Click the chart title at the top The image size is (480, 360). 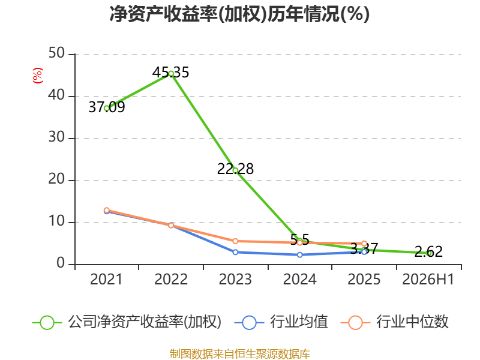click(x=239, y=14)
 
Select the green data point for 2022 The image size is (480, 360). click(x=171, y=73)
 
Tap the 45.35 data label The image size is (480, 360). click(x=171, y=73)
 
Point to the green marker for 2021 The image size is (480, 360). click(x=107, y=108)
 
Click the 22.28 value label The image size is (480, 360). click(x=235, y=169)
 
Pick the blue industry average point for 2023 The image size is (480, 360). click(x=235, y=252)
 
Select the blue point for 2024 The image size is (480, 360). click(x=299, y=254)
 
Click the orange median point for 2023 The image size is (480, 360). click(x=235, y=241)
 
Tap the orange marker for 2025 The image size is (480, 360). click(x=364, y=244)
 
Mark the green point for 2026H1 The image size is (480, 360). click(x=430, y=253)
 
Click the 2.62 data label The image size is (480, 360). click(x=428, y=252)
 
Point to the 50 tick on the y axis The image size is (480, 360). click(x=56, y=53)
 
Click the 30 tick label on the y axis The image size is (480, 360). click(x=56, y=137)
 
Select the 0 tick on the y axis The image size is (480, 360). click(x=61, y=263)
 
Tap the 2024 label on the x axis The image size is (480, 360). click(x=299, y=279)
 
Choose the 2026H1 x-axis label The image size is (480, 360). click(x=428, y=279)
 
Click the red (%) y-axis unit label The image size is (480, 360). click(x=38, y=76)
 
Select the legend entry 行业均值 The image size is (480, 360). click(x=281, y=322)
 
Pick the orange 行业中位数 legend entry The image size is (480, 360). click(x=395, y=322)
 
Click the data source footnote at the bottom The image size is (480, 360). click(x=240, y=354)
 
